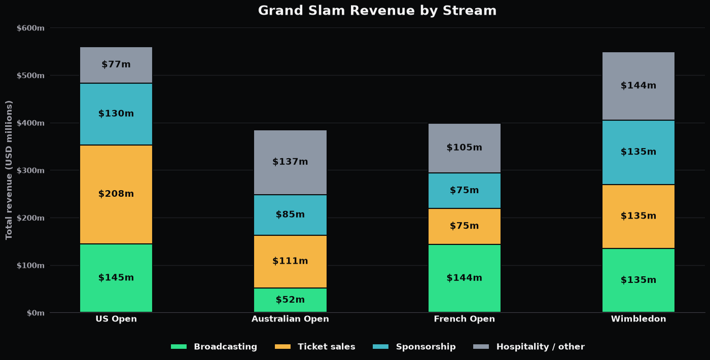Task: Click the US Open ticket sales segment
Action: coord(116,194)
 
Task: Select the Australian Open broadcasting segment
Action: coord(290,300)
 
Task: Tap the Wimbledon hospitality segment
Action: coord(638,86)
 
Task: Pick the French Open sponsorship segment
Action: coord(465,191)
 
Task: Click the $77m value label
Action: coord(116,64)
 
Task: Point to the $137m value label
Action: coord(290,162)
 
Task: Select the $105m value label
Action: coord(465,148)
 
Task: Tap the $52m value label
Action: coord(290,300)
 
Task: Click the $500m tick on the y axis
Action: coord(31,76)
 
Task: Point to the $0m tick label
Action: coord(35,313)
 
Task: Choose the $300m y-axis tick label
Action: coord(31,170)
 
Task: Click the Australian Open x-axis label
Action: coord(290,319)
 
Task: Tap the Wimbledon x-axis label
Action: coord(638,319)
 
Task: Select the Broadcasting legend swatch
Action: coord(179,347)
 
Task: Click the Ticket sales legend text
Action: coord(327,347)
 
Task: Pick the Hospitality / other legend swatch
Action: coord(481,347)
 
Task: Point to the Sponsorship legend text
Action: coord(425,347)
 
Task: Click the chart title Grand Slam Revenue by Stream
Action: coord(377,11)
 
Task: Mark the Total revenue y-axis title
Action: coord(9,170)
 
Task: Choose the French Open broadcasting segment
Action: coord(465,278)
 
